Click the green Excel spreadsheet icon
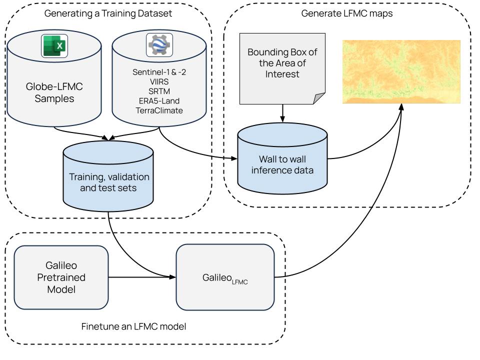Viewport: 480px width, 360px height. [54, 46]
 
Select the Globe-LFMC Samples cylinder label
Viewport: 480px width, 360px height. [54, 92]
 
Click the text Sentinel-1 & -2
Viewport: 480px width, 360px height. [159, 72]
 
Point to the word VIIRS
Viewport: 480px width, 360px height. [159, 81]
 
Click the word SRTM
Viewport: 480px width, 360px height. [159, 91]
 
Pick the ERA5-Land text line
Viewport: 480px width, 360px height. [159, 100]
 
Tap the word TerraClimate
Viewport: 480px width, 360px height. [159, 110]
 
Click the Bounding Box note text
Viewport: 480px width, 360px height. [282, 63]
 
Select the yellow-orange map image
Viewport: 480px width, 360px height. [401, 71]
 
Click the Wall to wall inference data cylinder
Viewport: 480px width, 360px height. [282, 159]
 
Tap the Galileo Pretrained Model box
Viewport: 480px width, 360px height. [61, 277]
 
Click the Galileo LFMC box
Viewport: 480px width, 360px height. [225, 277]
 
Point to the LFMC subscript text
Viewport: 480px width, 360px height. [240, 282]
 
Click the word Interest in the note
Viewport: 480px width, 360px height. [282, 74]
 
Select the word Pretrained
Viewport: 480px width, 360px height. [61, 277]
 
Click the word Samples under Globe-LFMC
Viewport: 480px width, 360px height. [54, 98]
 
